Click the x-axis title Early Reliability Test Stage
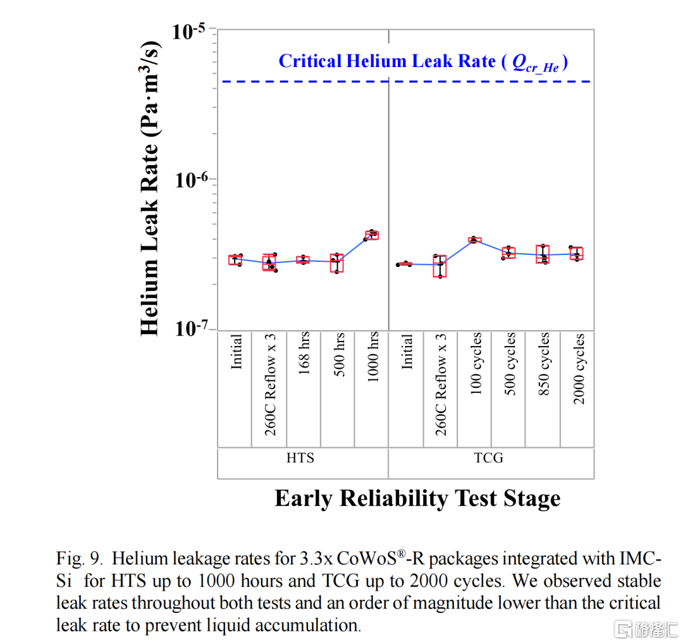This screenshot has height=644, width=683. click(417, 498)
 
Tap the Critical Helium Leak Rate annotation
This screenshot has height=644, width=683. click(422, 62)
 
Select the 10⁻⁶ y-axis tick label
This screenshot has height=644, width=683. click(193, 180)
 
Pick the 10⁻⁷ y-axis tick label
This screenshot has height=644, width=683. click(193, 328)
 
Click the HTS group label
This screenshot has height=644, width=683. click(300, 457)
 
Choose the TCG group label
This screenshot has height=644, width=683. click(489, 457)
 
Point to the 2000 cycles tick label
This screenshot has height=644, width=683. click(578, 368)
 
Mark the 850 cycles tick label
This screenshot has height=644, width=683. click(544, 364)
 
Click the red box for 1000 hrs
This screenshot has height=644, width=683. click(372, 235)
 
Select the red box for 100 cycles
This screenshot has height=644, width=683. click(475, 240)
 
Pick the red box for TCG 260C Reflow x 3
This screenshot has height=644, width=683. click(440, 266)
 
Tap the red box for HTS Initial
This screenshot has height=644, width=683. click(236, 260)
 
